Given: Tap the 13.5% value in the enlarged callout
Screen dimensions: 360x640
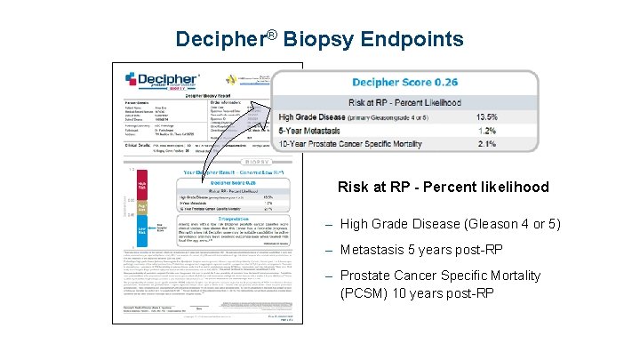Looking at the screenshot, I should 512,116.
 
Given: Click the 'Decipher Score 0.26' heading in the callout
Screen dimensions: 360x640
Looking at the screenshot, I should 404,83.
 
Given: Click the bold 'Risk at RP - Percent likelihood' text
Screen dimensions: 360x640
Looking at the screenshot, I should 443,188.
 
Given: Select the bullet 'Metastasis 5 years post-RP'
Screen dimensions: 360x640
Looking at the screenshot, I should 422,250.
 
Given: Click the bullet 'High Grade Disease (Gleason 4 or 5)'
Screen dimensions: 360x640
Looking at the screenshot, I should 450,224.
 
